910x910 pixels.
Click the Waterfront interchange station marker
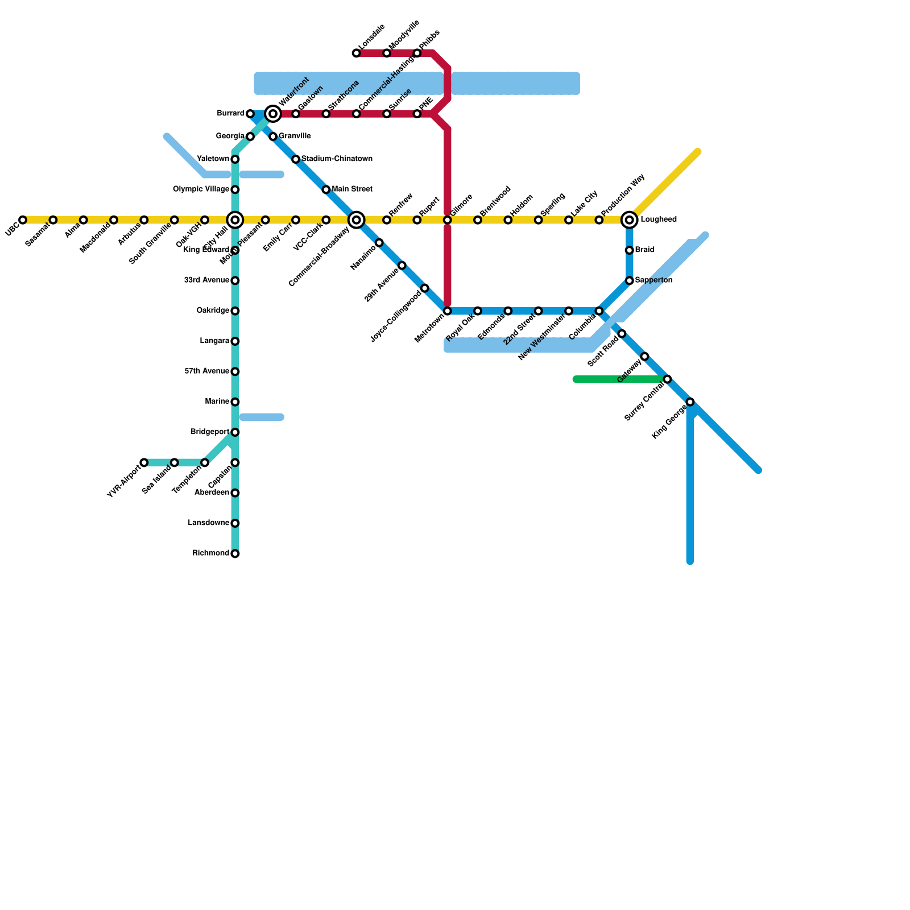pyautogui.click(x=273, y=114)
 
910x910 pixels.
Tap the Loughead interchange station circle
pyautogui.click(x=629, y=220)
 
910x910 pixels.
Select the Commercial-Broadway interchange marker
pyautogui.click(x=357, y=220)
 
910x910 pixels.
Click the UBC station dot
pyautogui.click(x=23, y=220)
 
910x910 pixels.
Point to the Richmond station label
pyautogui.click(x=210, y=553)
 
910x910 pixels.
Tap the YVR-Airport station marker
pyautogui.click(x=144, y=462)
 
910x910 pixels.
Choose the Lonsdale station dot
pyautogui.click(x=357, y=53)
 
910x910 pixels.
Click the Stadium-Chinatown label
pyautogui.click(x=337, y=159)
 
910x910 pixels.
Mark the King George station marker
pyautogui.click(x=690, y=402)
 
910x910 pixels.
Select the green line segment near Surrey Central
pyautogui.click(x=620, y=379)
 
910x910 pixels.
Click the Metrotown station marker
pyautogui.click(x=448, y=311)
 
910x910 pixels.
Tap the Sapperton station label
pyautogui.click(x=653, y=280)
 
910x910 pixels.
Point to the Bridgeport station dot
pyautogui.click(x=235, y=432)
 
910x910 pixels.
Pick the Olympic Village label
pyautogui.click(x=201, y=189)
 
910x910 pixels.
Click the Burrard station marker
pyautogui.click(x=250, y=114)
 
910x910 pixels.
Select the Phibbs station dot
pyautogui.click(x=417, y=53)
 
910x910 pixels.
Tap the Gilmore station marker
pyautogui.click(x=448, y=220)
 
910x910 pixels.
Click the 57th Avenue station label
pyautogui.click(x=206, y=371)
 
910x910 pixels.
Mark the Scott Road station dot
pyautogui.click(x=622, y=334)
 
